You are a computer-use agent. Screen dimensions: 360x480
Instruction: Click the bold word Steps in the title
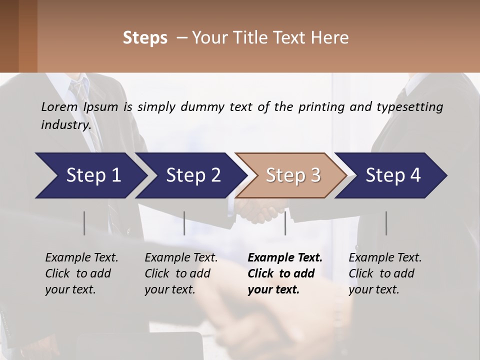pyautogui.click(x=145, y=38)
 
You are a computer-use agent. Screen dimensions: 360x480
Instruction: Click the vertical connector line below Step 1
pyautogui.click(x=84, y=223)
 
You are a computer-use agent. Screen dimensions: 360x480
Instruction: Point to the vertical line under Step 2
pyautogui.click(x=184, y=223)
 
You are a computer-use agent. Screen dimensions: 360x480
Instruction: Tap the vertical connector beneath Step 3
pyautogui.click(x=285, y=223)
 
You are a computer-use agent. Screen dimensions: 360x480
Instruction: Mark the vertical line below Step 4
pyautogui.click(x=386, y=223)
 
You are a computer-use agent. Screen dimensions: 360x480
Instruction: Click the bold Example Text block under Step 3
pyautogui.click(x=284, y=273)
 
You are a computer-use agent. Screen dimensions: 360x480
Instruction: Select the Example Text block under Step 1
pyautogui.click(x=81, y=273)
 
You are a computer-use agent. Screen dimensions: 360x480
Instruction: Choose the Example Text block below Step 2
pyautogui.click(x=181, y=273)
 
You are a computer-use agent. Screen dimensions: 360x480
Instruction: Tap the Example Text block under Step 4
pyautogui.click(x=385, y=273)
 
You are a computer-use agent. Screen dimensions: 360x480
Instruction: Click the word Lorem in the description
pyautogui.click(x=59, y=107)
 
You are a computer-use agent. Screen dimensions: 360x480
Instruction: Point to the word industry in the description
pyautogui.click(x=65, y=125)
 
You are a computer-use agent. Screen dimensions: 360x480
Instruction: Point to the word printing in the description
pyautogui.click(x=320, y=107)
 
